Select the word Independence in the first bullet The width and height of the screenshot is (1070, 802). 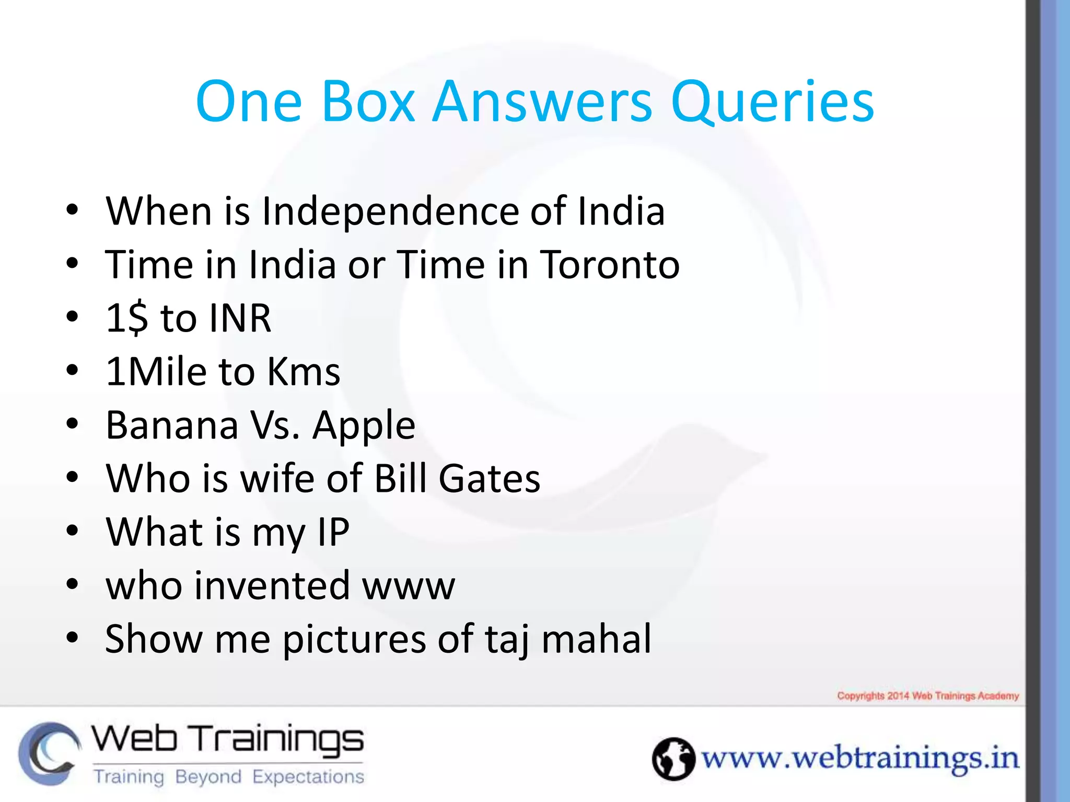point(389,211)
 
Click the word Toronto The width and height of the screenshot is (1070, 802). point(609,265)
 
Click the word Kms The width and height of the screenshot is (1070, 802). point(303,372)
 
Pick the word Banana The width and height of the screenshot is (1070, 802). point(172,425)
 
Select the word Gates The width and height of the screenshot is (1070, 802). point(489,478)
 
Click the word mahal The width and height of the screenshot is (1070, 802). point(596,639)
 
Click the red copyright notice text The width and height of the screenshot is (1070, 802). point(928,696)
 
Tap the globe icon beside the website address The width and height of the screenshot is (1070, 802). point(673,759)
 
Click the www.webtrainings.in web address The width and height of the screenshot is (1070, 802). point(860,759)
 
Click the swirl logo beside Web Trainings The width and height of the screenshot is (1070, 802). point(50,753)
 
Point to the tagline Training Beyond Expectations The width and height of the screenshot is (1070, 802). point(229,777)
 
